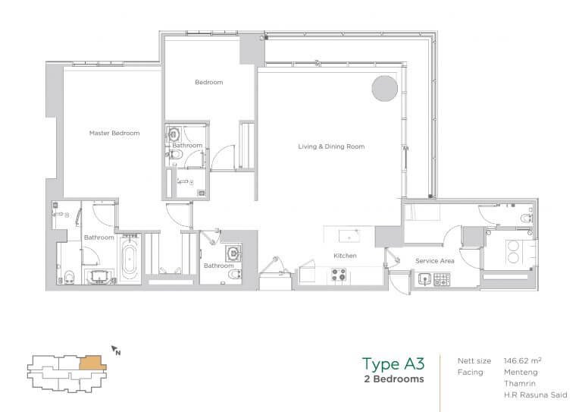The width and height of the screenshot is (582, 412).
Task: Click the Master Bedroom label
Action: pyautogui.click(x=114, y=133)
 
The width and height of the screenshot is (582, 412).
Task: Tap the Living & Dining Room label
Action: pyautogui.click(x=331, y=146)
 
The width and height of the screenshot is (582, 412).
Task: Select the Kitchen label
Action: pyautogui.click(x=345, y=256)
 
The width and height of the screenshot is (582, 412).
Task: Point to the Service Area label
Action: pyautogui.click(x=435, y=261)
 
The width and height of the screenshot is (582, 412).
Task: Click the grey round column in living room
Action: pyautogui.click(x=384, y=89)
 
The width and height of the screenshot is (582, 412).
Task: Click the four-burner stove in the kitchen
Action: pyautogui.click(x=339, y=275)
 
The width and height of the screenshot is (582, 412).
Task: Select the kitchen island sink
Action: pyautogui.click(x=349, y=236)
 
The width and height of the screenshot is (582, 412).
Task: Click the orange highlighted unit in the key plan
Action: pyautogui.click(x=92, y=363)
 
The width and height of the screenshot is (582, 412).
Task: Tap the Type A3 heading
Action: pyautogui.click(x=393, y=364)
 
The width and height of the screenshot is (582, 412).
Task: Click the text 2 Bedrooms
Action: pyautogui.click(x=394, y=379)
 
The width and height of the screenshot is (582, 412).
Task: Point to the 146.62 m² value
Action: pyautogui.click(x=522, y=360)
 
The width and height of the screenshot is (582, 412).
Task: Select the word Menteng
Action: pyautogui.click(x=521, y=372)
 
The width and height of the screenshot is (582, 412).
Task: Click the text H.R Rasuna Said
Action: pyautogui.click(x=535, y=395)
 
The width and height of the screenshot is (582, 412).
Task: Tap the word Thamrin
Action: pyautogui.click(x=520, y=383)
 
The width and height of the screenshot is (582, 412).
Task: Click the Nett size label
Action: pyautogui.click(x=474, y=360)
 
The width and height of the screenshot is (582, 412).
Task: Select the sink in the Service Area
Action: pyautogui.click(x=424, y=278)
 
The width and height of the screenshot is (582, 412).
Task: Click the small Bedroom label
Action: pyautogui.click(x=209, y=82)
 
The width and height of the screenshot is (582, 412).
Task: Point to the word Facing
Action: pyautogui.click(x=471, y=373)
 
